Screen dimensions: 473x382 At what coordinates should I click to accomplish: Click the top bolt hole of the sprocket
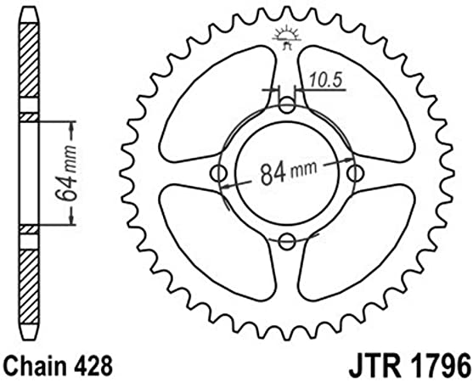[287, 105]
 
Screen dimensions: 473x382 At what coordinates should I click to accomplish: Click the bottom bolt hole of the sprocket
[287, 241]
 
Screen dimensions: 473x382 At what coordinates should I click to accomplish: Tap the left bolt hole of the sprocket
[218, 174]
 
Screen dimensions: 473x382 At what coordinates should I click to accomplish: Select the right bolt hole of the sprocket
[355, 174]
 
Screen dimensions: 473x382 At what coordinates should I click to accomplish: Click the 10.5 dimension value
[326, 81]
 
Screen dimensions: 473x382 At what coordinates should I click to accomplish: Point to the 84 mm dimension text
[289, 172]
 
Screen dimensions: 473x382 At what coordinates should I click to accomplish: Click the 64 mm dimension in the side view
[65, 173]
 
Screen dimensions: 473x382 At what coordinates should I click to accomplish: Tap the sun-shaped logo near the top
[287, 37]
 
